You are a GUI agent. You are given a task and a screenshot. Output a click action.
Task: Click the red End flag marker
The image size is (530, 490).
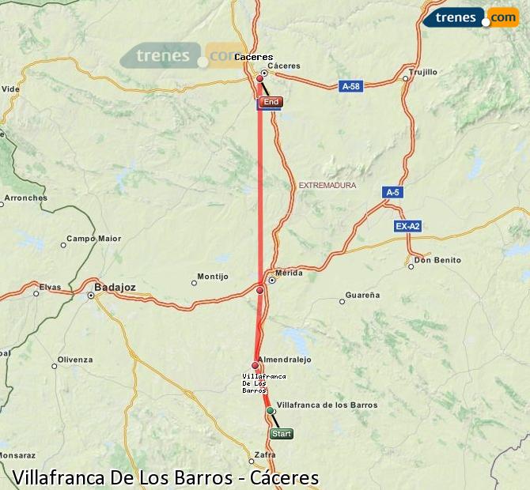(271, 102)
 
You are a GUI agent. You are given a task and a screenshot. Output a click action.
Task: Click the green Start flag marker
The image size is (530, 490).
(282, 433)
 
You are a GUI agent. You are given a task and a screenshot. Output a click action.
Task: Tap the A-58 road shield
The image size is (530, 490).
(350, 85)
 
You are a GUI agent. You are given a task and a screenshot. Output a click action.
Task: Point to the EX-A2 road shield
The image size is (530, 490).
(407, 226)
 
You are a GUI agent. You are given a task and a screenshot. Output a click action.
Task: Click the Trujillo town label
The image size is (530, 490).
(422, 72)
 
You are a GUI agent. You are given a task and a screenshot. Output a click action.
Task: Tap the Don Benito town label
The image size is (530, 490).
(437, 260)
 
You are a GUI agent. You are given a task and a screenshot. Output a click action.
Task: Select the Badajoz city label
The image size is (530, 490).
(115, 287)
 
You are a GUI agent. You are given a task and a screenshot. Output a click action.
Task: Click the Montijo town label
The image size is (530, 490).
(213, 277)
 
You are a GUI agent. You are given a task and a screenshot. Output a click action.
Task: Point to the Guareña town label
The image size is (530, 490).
(363, 295)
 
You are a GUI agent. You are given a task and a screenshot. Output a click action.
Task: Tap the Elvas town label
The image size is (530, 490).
(50, 287)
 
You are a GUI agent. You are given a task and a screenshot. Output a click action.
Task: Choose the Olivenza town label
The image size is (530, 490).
(75, 360)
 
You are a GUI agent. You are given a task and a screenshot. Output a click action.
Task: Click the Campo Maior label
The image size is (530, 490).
(93, 238)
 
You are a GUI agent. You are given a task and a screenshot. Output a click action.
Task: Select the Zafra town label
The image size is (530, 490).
(264, 454)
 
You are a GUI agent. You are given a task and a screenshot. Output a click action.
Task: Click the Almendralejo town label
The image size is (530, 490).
(286, 359)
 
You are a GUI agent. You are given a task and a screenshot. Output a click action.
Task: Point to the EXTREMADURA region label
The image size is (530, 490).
(327, 186)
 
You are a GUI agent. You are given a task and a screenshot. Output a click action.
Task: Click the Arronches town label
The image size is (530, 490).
(25, 198)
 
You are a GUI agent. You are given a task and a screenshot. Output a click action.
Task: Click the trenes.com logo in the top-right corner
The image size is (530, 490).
(471, 17)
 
